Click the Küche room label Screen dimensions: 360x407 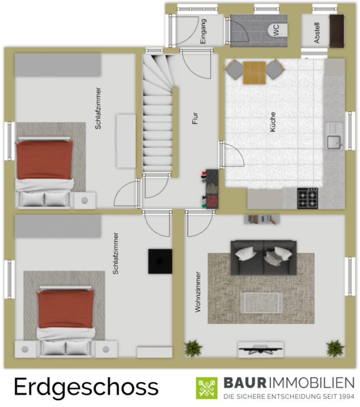[273, 122]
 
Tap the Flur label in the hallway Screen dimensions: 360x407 [195, 118]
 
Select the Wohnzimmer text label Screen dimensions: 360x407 [198, 292]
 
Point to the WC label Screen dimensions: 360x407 [276, 30]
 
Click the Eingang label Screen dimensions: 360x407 [203, 31]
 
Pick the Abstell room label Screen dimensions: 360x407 [317, 33]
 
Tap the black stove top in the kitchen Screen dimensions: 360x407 [308, 198]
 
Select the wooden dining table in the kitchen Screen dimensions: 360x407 [254, 73]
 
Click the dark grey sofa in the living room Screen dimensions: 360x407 [264, 257]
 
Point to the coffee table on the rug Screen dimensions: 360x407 [261, 303]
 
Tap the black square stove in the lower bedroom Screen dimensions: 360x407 [160, 261]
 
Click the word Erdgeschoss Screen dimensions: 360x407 [86, 388]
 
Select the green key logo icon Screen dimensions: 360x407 [207, 388]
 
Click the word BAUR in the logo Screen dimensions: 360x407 [245, 383]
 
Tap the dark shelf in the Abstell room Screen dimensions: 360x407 [337, 31]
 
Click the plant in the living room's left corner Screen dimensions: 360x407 [193, 348]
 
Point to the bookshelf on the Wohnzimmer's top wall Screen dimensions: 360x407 [261, 219]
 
